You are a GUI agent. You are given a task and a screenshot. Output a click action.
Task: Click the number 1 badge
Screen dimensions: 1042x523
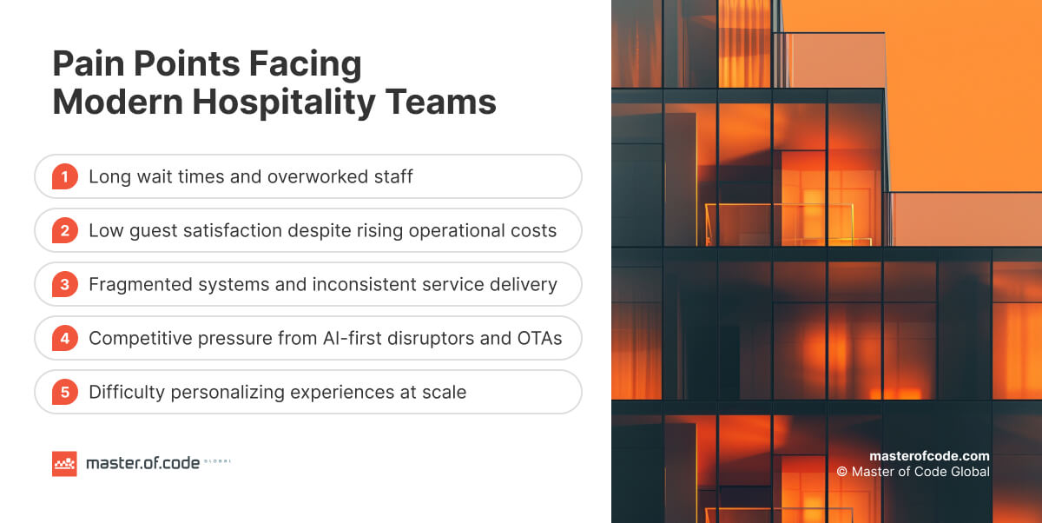click(64, 176)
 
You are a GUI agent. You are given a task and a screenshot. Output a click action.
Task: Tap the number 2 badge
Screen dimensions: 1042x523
click(64, 230)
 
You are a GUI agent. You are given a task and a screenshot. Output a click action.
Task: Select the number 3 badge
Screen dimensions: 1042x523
click(64, 284)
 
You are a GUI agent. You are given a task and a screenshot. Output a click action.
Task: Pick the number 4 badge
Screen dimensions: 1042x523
click(64, 338)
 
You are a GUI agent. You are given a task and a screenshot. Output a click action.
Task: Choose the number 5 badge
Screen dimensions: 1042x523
click(64, 392)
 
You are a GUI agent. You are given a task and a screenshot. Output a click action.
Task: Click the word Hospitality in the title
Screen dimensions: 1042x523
click(284, 103)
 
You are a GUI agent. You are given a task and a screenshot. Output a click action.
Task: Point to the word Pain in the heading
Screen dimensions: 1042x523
click(89, 63)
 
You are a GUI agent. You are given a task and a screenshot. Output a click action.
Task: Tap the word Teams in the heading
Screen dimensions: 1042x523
click(440, 102)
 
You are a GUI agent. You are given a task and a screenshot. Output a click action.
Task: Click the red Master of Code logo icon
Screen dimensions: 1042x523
click(64, 463)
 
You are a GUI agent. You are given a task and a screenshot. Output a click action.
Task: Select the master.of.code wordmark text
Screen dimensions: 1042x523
click(142, 463)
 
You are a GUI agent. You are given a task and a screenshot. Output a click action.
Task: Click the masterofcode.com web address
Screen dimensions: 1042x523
click(929, 456)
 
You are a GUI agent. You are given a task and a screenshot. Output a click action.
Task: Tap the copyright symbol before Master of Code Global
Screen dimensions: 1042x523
click(841, 472)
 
